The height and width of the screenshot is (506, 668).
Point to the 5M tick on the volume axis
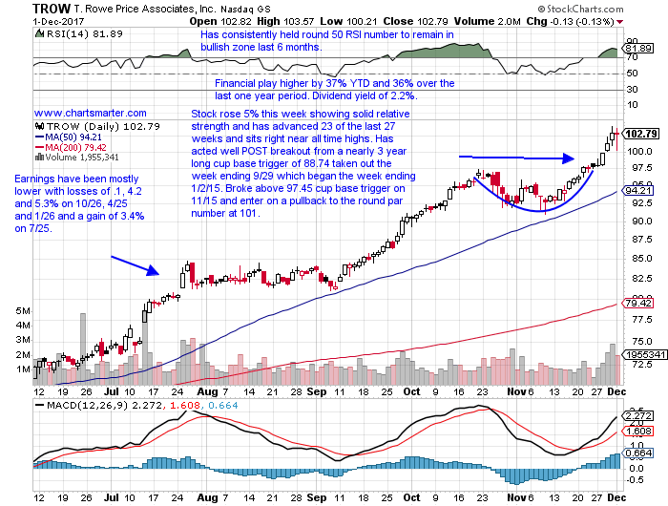(x=21, y=311)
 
